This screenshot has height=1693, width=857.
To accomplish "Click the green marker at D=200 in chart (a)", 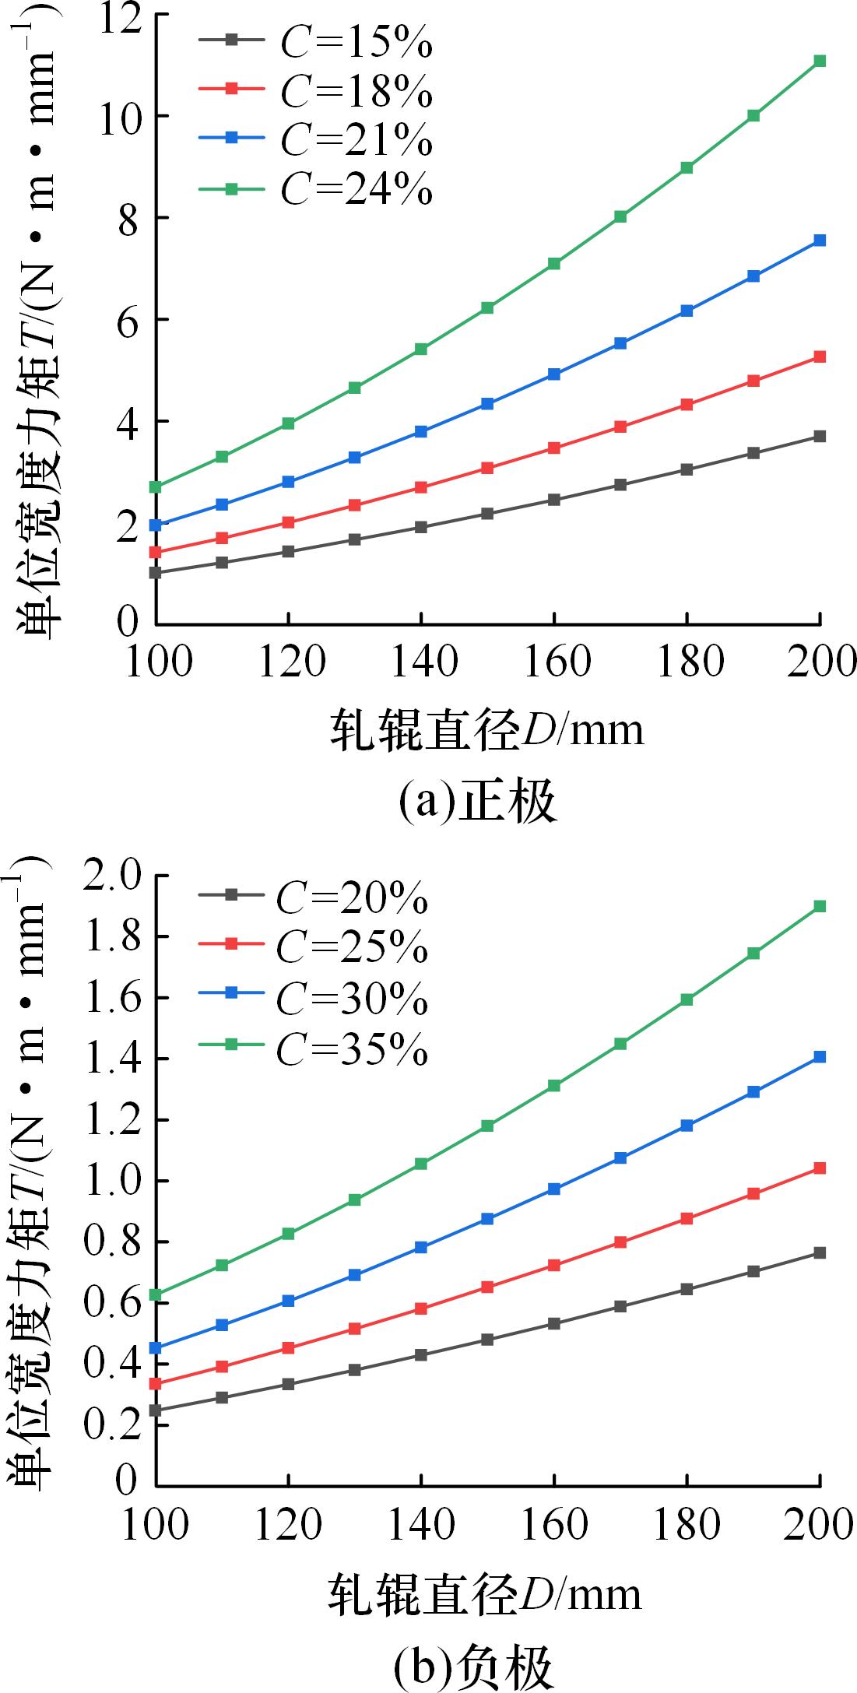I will (819, 61).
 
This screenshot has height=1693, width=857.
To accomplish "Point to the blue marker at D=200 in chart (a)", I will (819, 241).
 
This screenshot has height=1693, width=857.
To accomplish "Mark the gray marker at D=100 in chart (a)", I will (156, 573).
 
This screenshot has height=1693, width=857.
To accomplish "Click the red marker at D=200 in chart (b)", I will (819, 1168).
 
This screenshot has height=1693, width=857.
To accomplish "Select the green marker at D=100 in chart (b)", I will (156, 1294).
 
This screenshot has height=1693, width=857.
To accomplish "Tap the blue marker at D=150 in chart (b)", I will (487, 1218).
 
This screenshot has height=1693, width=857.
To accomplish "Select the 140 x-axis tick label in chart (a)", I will (421, 662).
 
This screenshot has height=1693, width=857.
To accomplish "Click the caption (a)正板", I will (477, 803).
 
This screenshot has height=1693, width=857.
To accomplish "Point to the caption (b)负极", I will (474, 1667).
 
